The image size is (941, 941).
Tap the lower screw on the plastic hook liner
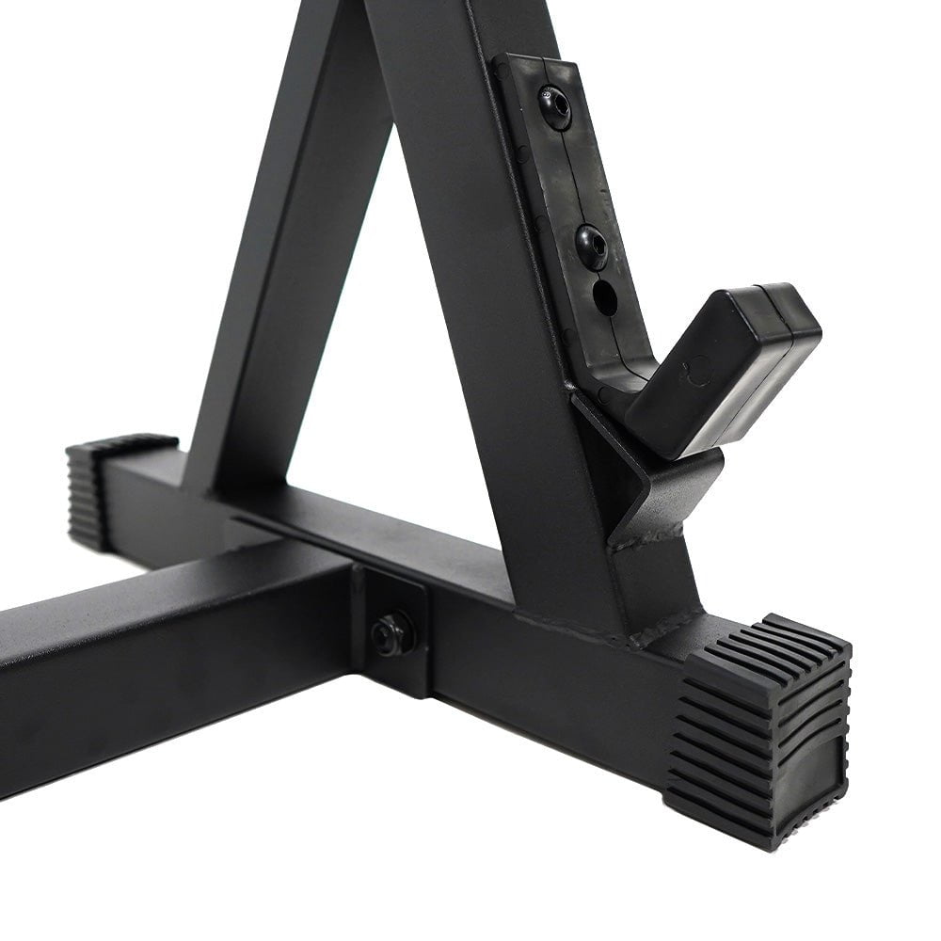point(591,246)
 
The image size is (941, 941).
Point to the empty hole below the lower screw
point(605,298)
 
